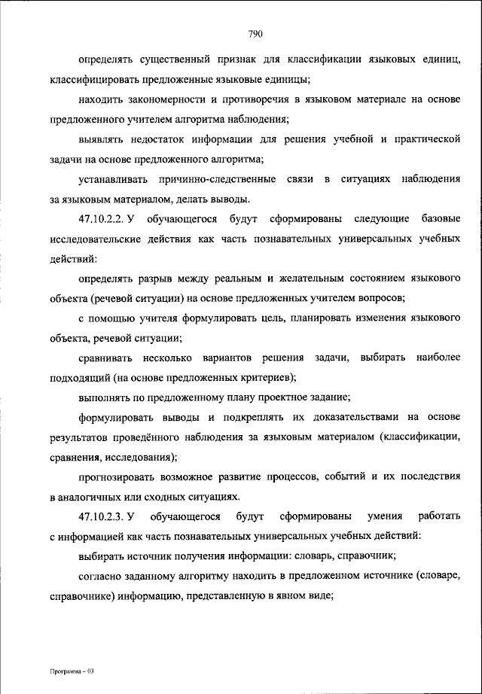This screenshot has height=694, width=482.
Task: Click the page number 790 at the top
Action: click(252, 32)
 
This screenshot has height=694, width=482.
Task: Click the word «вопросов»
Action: click(386, 299)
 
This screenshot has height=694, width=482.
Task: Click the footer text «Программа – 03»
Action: click(72, 670)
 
